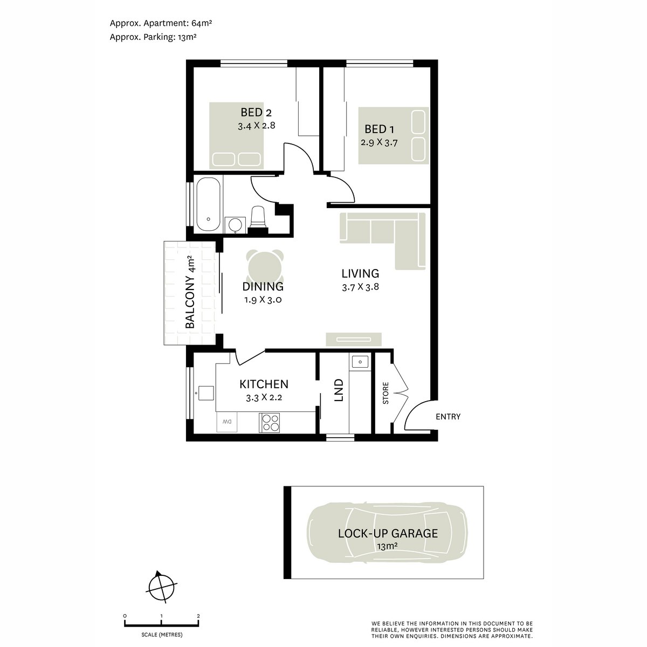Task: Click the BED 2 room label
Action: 256,113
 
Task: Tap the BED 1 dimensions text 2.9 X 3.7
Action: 379,143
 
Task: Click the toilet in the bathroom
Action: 258,217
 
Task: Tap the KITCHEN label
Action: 264,384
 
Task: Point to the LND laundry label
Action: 339,390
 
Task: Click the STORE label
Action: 386,394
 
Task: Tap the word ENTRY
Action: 448,417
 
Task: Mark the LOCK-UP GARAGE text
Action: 388,534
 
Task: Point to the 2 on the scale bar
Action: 198,616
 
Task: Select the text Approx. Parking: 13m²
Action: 153,37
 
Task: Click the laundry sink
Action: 359,361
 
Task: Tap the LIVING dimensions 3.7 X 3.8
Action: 360,287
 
